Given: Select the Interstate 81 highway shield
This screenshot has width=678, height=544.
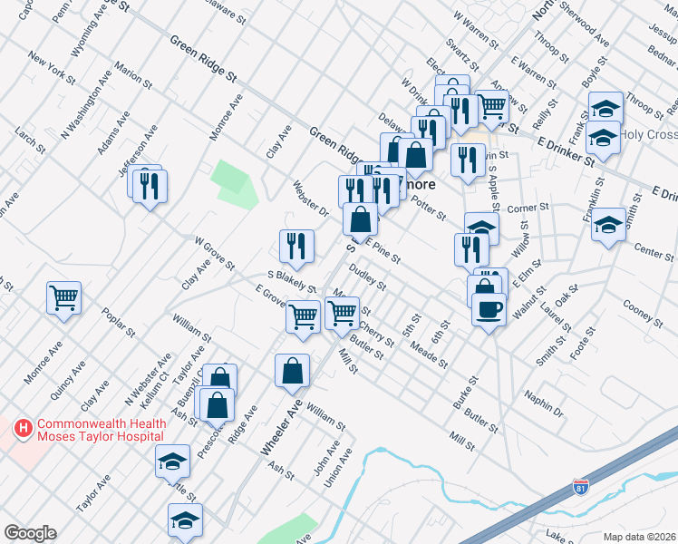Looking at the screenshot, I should tap(580, 491).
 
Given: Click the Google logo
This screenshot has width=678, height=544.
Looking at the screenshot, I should tap(30, 533).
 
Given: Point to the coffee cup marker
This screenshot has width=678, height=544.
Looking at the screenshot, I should tap(489, 311).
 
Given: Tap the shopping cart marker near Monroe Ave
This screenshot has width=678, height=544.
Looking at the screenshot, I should tap(64, 297).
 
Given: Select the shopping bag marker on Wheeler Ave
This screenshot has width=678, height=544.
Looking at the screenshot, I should tap(293, 372).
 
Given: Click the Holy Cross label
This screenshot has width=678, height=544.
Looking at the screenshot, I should tap(649, 135).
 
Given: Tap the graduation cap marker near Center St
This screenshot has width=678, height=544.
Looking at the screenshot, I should tap(608, 224).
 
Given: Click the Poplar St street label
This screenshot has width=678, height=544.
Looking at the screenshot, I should tap(119, 322).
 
